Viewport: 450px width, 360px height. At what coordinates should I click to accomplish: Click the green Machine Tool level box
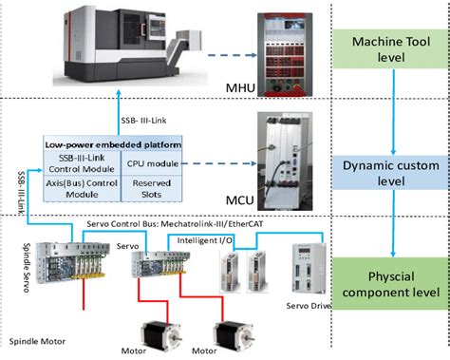(x=391, y=49)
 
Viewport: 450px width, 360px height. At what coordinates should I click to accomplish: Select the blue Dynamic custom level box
(x=391, y=173)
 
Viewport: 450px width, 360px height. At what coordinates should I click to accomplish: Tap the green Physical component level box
(x=391, y=284)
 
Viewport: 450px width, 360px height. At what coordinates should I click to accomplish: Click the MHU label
(x=240, y=87)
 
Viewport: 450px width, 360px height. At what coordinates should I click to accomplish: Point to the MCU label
(x=240, y=200)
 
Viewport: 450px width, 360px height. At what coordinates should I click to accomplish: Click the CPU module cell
(x=152, y=163)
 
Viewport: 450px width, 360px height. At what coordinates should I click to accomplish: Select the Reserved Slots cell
(x=152, y=189)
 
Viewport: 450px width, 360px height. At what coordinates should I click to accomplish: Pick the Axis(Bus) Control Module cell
(x=82, y=189)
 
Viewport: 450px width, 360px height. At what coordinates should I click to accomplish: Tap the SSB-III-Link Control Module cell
(x=82, y=163)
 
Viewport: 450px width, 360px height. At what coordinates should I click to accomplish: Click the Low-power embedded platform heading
(x=113, y=145)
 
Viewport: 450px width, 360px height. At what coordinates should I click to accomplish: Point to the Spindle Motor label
(x=37, y=341)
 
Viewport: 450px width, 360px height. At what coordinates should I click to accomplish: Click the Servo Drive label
(x=309, y=306)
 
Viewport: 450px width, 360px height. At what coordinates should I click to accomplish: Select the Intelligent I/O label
(x=204, y=240)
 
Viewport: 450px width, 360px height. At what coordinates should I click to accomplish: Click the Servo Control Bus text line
(x=175, y=224)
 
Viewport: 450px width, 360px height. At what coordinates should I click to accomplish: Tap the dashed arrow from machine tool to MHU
(x=232, y=55)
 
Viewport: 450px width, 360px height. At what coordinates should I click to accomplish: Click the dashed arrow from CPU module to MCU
(x=218, y=163)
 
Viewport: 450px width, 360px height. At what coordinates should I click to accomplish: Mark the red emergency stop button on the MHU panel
(x=297, y=86)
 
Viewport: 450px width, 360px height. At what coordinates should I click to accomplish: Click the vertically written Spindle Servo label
(x=27, y=268)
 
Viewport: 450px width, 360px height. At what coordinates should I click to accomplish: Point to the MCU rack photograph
(x=285, y=161)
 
